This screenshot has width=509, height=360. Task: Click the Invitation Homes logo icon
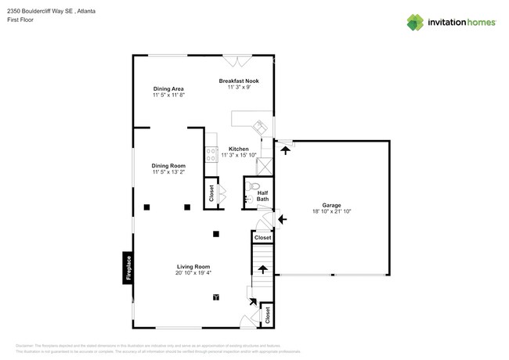[x=416, y=22]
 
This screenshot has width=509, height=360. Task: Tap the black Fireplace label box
[x=128, y=267]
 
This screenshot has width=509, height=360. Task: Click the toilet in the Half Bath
[x=254, y=187]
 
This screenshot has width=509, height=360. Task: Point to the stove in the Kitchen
[x=211, y=155]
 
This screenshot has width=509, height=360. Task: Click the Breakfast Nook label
[x=239, y=81]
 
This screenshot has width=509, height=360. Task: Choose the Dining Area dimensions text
[x=168, y=95]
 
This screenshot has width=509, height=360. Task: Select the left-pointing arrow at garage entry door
[x=282, y=221]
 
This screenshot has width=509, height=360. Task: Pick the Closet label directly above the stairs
[x=262, y=237]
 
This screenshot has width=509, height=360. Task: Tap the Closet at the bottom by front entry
[x=268, y=315]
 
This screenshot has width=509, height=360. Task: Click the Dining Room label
[x=168, y=166]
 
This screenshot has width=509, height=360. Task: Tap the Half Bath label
[x=263, y=196]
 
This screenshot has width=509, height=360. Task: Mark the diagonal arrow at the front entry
[x=251, y=298]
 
